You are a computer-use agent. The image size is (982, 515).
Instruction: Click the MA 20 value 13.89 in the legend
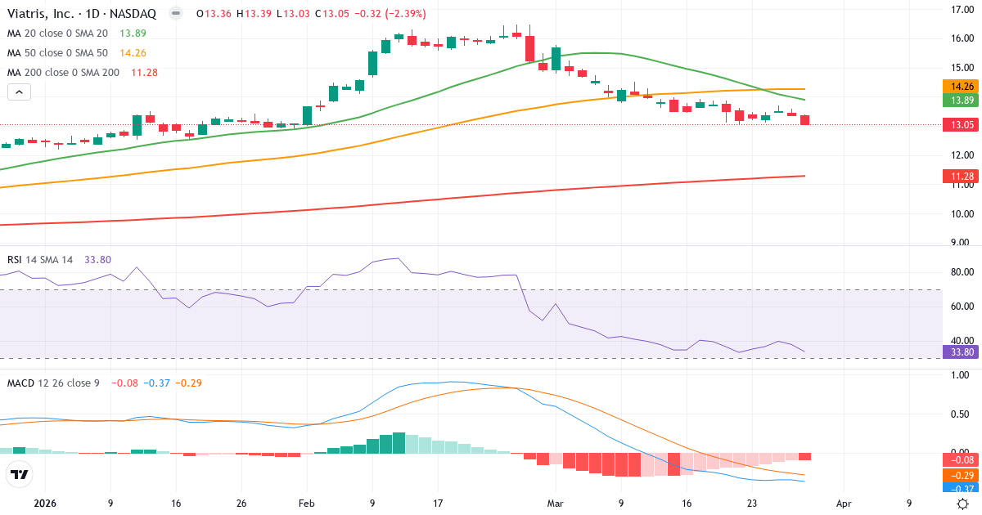[133, 33]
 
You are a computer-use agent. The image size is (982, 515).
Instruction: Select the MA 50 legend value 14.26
[133, 52]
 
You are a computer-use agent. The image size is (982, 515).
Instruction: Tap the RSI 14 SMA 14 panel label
[40, 259]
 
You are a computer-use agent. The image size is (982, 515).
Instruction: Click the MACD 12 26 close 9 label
[53, 383]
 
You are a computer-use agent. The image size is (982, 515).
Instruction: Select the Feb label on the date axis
[306, 504]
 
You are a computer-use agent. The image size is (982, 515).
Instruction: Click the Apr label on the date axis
[845, 504]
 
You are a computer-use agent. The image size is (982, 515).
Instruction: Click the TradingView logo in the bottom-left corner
[20, 474]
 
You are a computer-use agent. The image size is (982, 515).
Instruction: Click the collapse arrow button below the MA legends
[19, 92]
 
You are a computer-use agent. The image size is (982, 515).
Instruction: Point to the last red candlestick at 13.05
[805, 120]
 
